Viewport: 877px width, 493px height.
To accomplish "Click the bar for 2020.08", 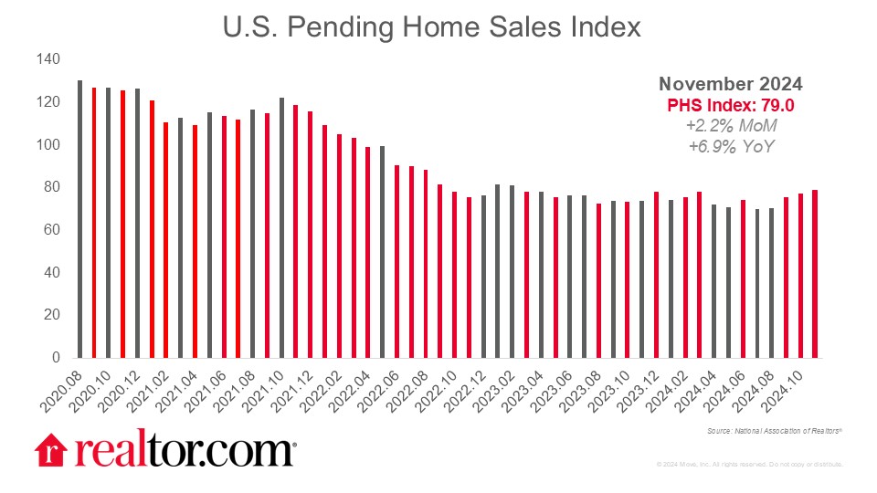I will coord(79,219).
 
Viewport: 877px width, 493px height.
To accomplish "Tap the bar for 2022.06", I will coord(396,261).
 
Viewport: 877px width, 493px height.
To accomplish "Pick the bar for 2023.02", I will coord(512,271).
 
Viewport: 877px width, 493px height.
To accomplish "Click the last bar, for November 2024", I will coord(815,273).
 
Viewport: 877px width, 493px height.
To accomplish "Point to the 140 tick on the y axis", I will coord(48,59).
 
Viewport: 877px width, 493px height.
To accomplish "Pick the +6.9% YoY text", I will coord(734,146).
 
